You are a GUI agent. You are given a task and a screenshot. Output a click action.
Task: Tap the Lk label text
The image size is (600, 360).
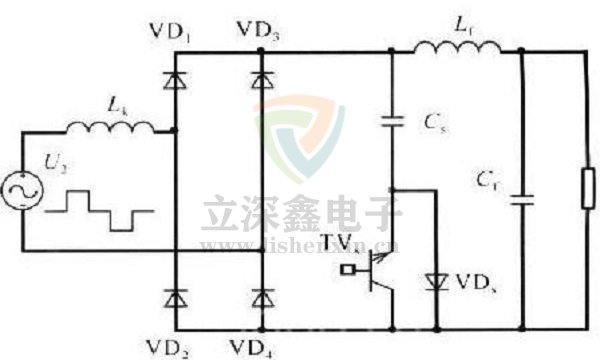coord(116,102)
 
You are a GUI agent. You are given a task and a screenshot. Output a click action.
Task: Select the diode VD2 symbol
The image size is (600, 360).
coord(176,297)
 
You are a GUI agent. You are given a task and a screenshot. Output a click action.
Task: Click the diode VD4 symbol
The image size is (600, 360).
coord(262,297)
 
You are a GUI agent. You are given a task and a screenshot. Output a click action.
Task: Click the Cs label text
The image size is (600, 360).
coord(434,123)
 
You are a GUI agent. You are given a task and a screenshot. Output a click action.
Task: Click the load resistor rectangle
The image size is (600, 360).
coord(587,190)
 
